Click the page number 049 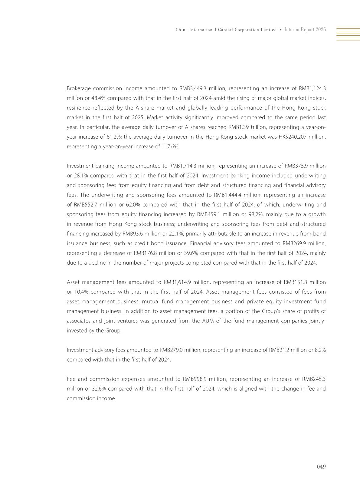321,467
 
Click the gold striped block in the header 348,34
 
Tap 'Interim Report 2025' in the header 305,30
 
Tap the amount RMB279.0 171,350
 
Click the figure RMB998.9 195,379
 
